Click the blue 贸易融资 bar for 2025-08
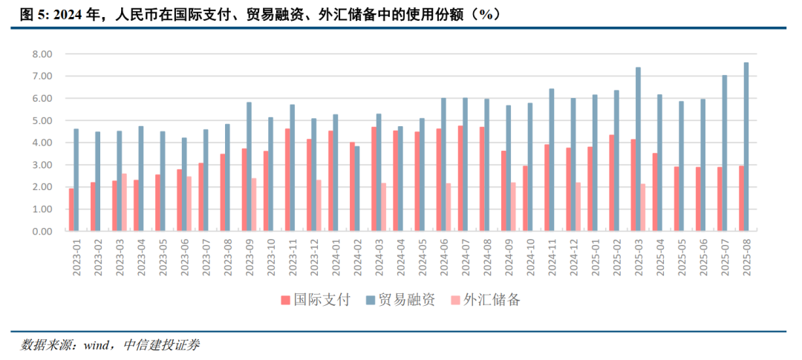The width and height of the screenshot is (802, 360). click(746, 147)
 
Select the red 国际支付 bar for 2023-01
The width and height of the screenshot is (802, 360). click(71, 210)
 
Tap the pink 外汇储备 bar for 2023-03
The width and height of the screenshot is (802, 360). click(124, 203)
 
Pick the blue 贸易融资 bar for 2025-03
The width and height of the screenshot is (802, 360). click(638, 149)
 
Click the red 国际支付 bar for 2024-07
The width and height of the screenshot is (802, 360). click(460, 179)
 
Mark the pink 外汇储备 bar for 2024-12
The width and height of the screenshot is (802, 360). click(578, 207)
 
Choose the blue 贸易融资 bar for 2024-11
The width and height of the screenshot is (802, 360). click(551, 160)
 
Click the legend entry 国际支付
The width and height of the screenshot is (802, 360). click(316, 300)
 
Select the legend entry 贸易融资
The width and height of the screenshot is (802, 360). click(402, 300)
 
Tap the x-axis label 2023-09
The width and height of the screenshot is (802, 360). click(250, 258)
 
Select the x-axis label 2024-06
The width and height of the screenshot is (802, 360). click(444, 258)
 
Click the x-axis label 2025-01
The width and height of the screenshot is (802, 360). click(595, 258)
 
